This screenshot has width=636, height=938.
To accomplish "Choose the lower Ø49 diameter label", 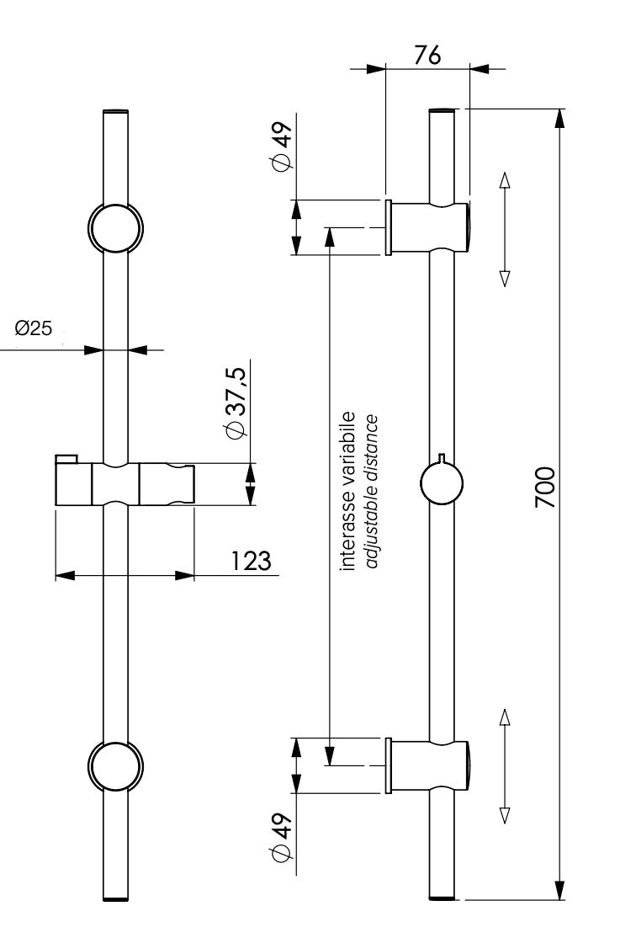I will point(281,838).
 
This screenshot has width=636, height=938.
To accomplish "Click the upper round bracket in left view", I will point(115,227).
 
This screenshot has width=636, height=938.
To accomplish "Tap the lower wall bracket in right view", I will point(427,765).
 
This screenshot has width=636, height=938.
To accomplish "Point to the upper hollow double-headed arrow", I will point(505,229).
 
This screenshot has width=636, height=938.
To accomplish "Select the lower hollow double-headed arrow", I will point(505,765).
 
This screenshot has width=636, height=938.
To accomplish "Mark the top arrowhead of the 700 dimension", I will point(559,119).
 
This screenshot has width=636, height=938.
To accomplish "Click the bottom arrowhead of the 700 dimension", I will point(559,889).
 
